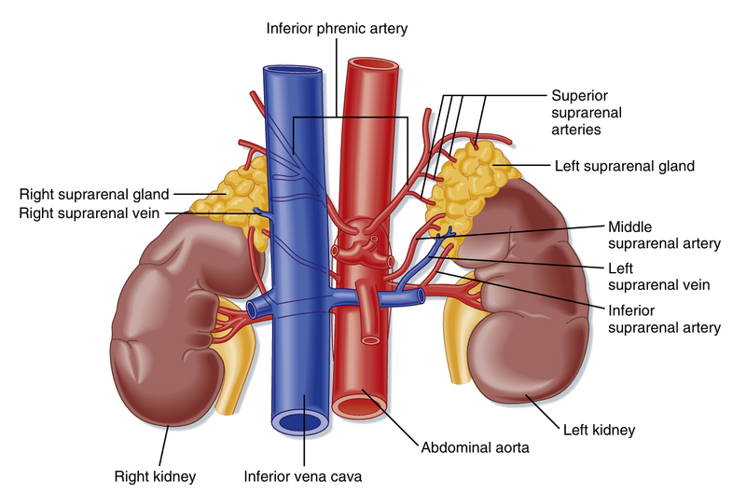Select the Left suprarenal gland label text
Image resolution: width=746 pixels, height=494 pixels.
625,167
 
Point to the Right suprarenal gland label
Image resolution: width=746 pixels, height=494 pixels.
94,195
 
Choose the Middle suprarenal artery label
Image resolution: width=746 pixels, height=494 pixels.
664,235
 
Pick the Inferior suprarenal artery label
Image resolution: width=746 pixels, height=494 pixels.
664,319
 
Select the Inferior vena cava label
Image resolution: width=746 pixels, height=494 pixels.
303,476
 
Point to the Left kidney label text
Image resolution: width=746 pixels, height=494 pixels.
599,431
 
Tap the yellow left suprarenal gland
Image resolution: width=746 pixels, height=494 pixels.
471,182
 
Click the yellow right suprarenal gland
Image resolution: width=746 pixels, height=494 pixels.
229,201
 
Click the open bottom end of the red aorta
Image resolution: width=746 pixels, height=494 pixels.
359,405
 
